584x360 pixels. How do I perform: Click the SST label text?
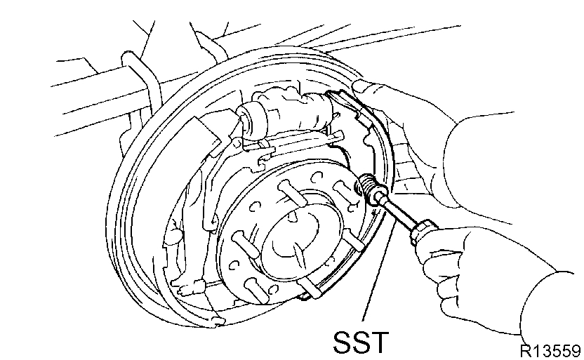359,343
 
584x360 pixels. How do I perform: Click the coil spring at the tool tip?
367,187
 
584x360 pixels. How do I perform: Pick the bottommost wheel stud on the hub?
309,288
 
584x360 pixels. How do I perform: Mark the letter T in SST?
379,343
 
